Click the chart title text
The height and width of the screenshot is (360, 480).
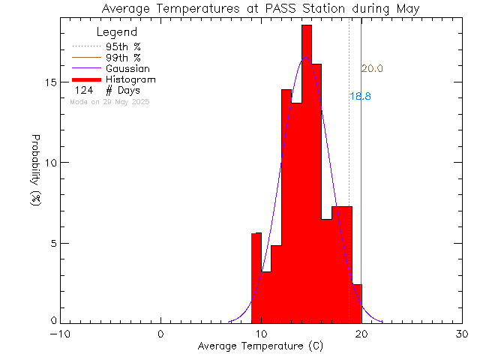pyautogui.click(x=260, y=8)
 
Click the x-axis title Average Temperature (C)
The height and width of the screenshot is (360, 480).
pyautogui.click(x=260, y=346)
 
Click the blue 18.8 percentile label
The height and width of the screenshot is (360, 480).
pyautogui.click(x=360, y=97)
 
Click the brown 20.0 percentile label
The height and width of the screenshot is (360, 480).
pyautogui.click(x=372, y=69)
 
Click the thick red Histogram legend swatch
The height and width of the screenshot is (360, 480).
pyautogui.click(x=86, y=79)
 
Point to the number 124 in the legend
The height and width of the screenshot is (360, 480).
pyautogui.click(x=83, y=91)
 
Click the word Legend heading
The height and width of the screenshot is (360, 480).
pyautogui.click(x=117, y=32)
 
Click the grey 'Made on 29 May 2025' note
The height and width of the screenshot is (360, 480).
pyautogui.click(x=109, y=101)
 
